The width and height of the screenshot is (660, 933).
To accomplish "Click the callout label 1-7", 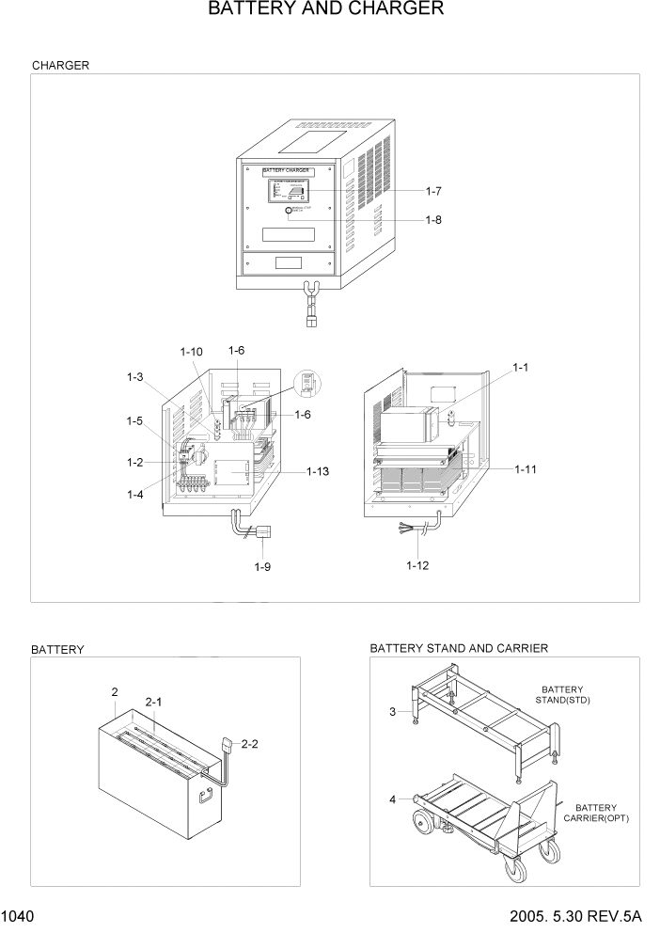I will click(x=433, y=191).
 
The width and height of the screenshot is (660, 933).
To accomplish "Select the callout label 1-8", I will click(x=433, y=220).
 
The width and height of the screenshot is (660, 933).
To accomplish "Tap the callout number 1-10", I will click(x=191, y=352).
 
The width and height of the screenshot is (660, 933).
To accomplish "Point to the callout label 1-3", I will click(x=135, y=377).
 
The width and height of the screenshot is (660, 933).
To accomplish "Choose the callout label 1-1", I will click(x=522, y=366).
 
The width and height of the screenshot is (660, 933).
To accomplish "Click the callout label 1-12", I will click(x=417, y=565).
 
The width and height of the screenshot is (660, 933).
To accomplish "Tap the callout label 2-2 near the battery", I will click(x=250, y=744).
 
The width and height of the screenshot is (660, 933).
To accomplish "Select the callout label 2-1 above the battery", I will click(x=153, y=702).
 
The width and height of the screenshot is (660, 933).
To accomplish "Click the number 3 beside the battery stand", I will click(x=392, y=712).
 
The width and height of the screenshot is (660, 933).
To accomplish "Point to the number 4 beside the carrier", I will click(x=392, y=800).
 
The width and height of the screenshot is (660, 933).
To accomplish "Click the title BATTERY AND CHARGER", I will click(x=325, y=9).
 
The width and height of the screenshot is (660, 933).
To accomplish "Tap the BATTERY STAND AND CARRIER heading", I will click(x=459, y=648).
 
